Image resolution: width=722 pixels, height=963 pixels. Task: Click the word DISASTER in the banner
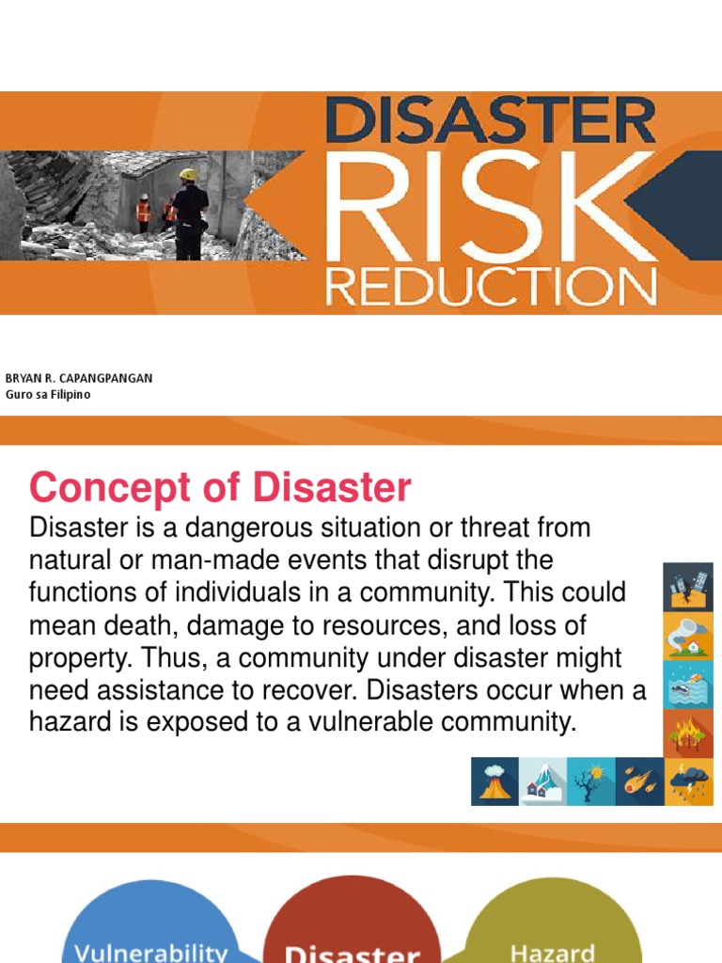(490, 121)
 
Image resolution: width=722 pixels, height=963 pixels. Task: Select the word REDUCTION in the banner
(490, 285)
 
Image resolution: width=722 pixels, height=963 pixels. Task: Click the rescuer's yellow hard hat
(189, 175)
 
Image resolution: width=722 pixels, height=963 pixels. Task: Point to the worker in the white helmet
(144, 197)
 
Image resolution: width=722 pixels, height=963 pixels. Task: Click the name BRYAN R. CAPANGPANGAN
(79, 378)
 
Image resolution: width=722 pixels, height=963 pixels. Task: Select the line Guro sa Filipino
(48, 395)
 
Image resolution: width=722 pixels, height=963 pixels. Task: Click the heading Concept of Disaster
(220, 488)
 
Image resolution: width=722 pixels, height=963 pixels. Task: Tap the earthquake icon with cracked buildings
(687, 588)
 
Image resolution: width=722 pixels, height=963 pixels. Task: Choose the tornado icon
(687, 636)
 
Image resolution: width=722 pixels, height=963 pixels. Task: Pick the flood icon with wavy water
(687, 685)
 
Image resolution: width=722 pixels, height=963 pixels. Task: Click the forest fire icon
(687, 733)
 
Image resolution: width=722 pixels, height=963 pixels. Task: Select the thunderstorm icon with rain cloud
(689, 781)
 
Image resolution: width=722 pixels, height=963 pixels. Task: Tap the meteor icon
(640, 781)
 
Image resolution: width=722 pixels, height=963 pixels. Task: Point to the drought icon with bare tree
(591, 781)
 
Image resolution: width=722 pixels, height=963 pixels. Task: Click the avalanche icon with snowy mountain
(543, 781)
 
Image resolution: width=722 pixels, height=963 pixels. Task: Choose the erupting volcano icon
(494, 781)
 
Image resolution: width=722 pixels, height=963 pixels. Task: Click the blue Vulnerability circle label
(150, 951)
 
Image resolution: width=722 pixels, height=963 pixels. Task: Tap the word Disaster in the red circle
(352, 954)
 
